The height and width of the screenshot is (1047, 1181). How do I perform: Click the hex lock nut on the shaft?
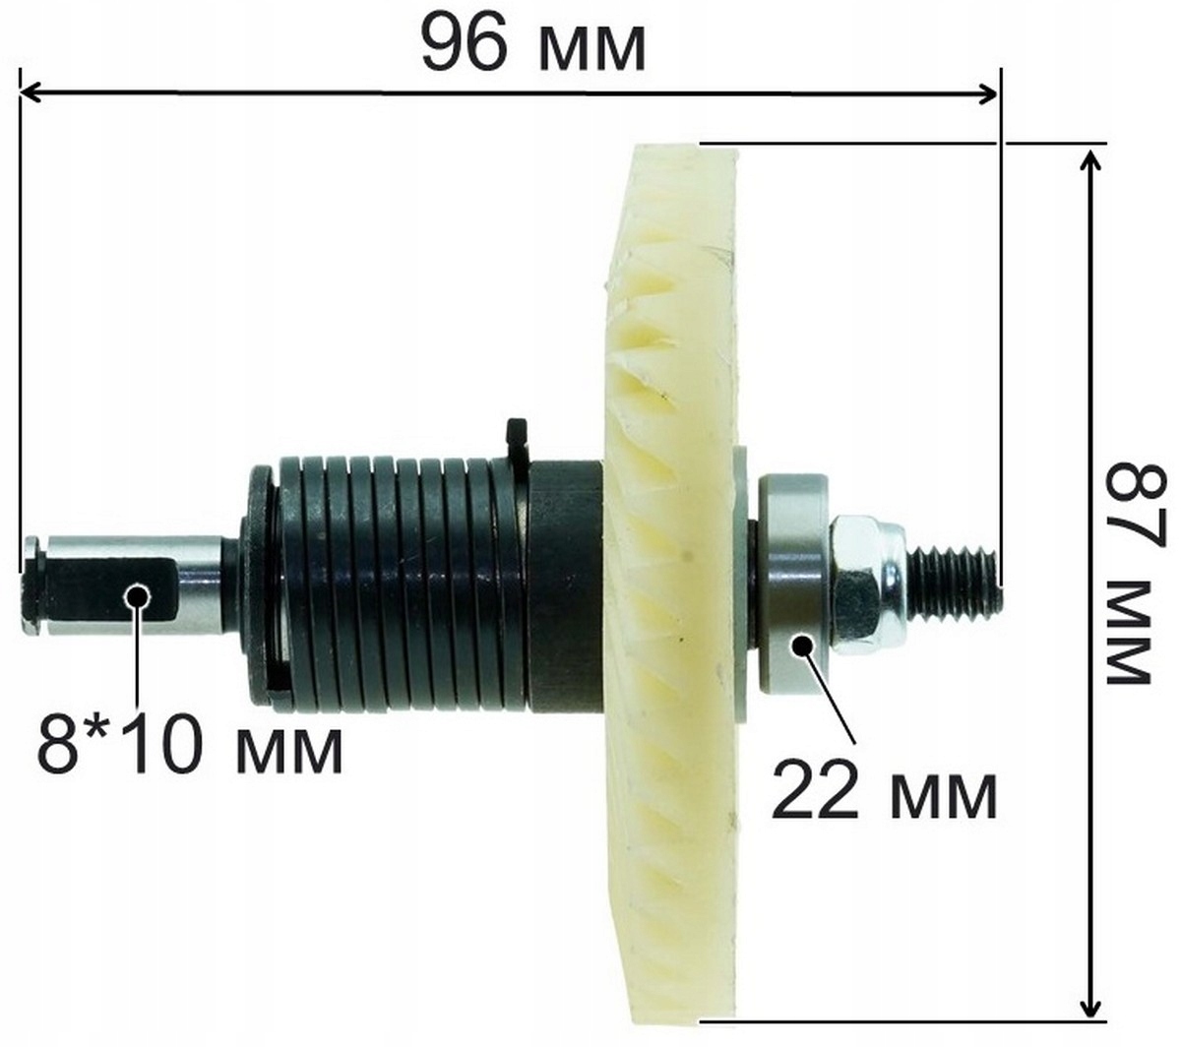pyautogui.click(x=869, y=582)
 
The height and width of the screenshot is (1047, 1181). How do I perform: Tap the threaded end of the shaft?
pyautogui.click(x=955, y=579)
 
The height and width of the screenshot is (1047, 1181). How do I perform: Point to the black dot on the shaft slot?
pyautogui.click(x=137, y=595)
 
